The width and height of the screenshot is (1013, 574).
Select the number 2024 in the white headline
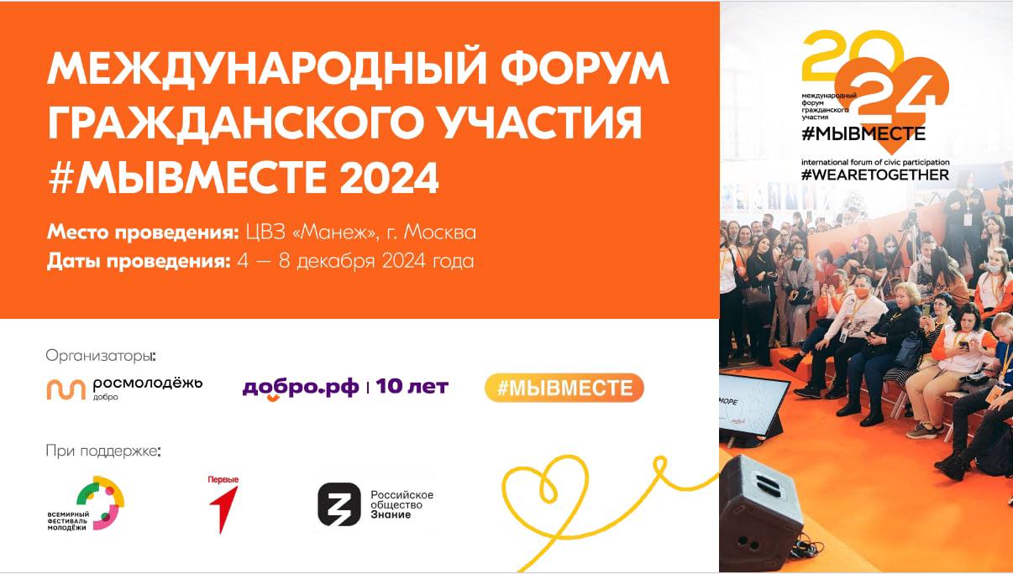point(390,177)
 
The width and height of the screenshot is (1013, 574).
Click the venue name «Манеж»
point(335,232)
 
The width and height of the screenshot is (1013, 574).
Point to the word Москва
point(439,232)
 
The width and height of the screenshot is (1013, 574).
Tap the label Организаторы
point(101,356)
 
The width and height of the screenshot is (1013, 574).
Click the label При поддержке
point(103,451)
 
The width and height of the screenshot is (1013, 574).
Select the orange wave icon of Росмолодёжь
point(66,389)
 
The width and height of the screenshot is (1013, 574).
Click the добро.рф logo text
point(301,388)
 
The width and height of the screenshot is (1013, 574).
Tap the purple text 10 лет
point(412,386)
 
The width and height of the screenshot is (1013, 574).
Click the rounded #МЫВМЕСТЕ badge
point(564,388)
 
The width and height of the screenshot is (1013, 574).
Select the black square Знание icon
point(339,504)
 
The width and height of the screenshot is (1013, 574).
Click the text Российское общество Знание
point(402,504)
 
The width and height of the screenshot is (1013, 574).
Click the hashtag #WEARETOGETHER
point(874,175)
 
